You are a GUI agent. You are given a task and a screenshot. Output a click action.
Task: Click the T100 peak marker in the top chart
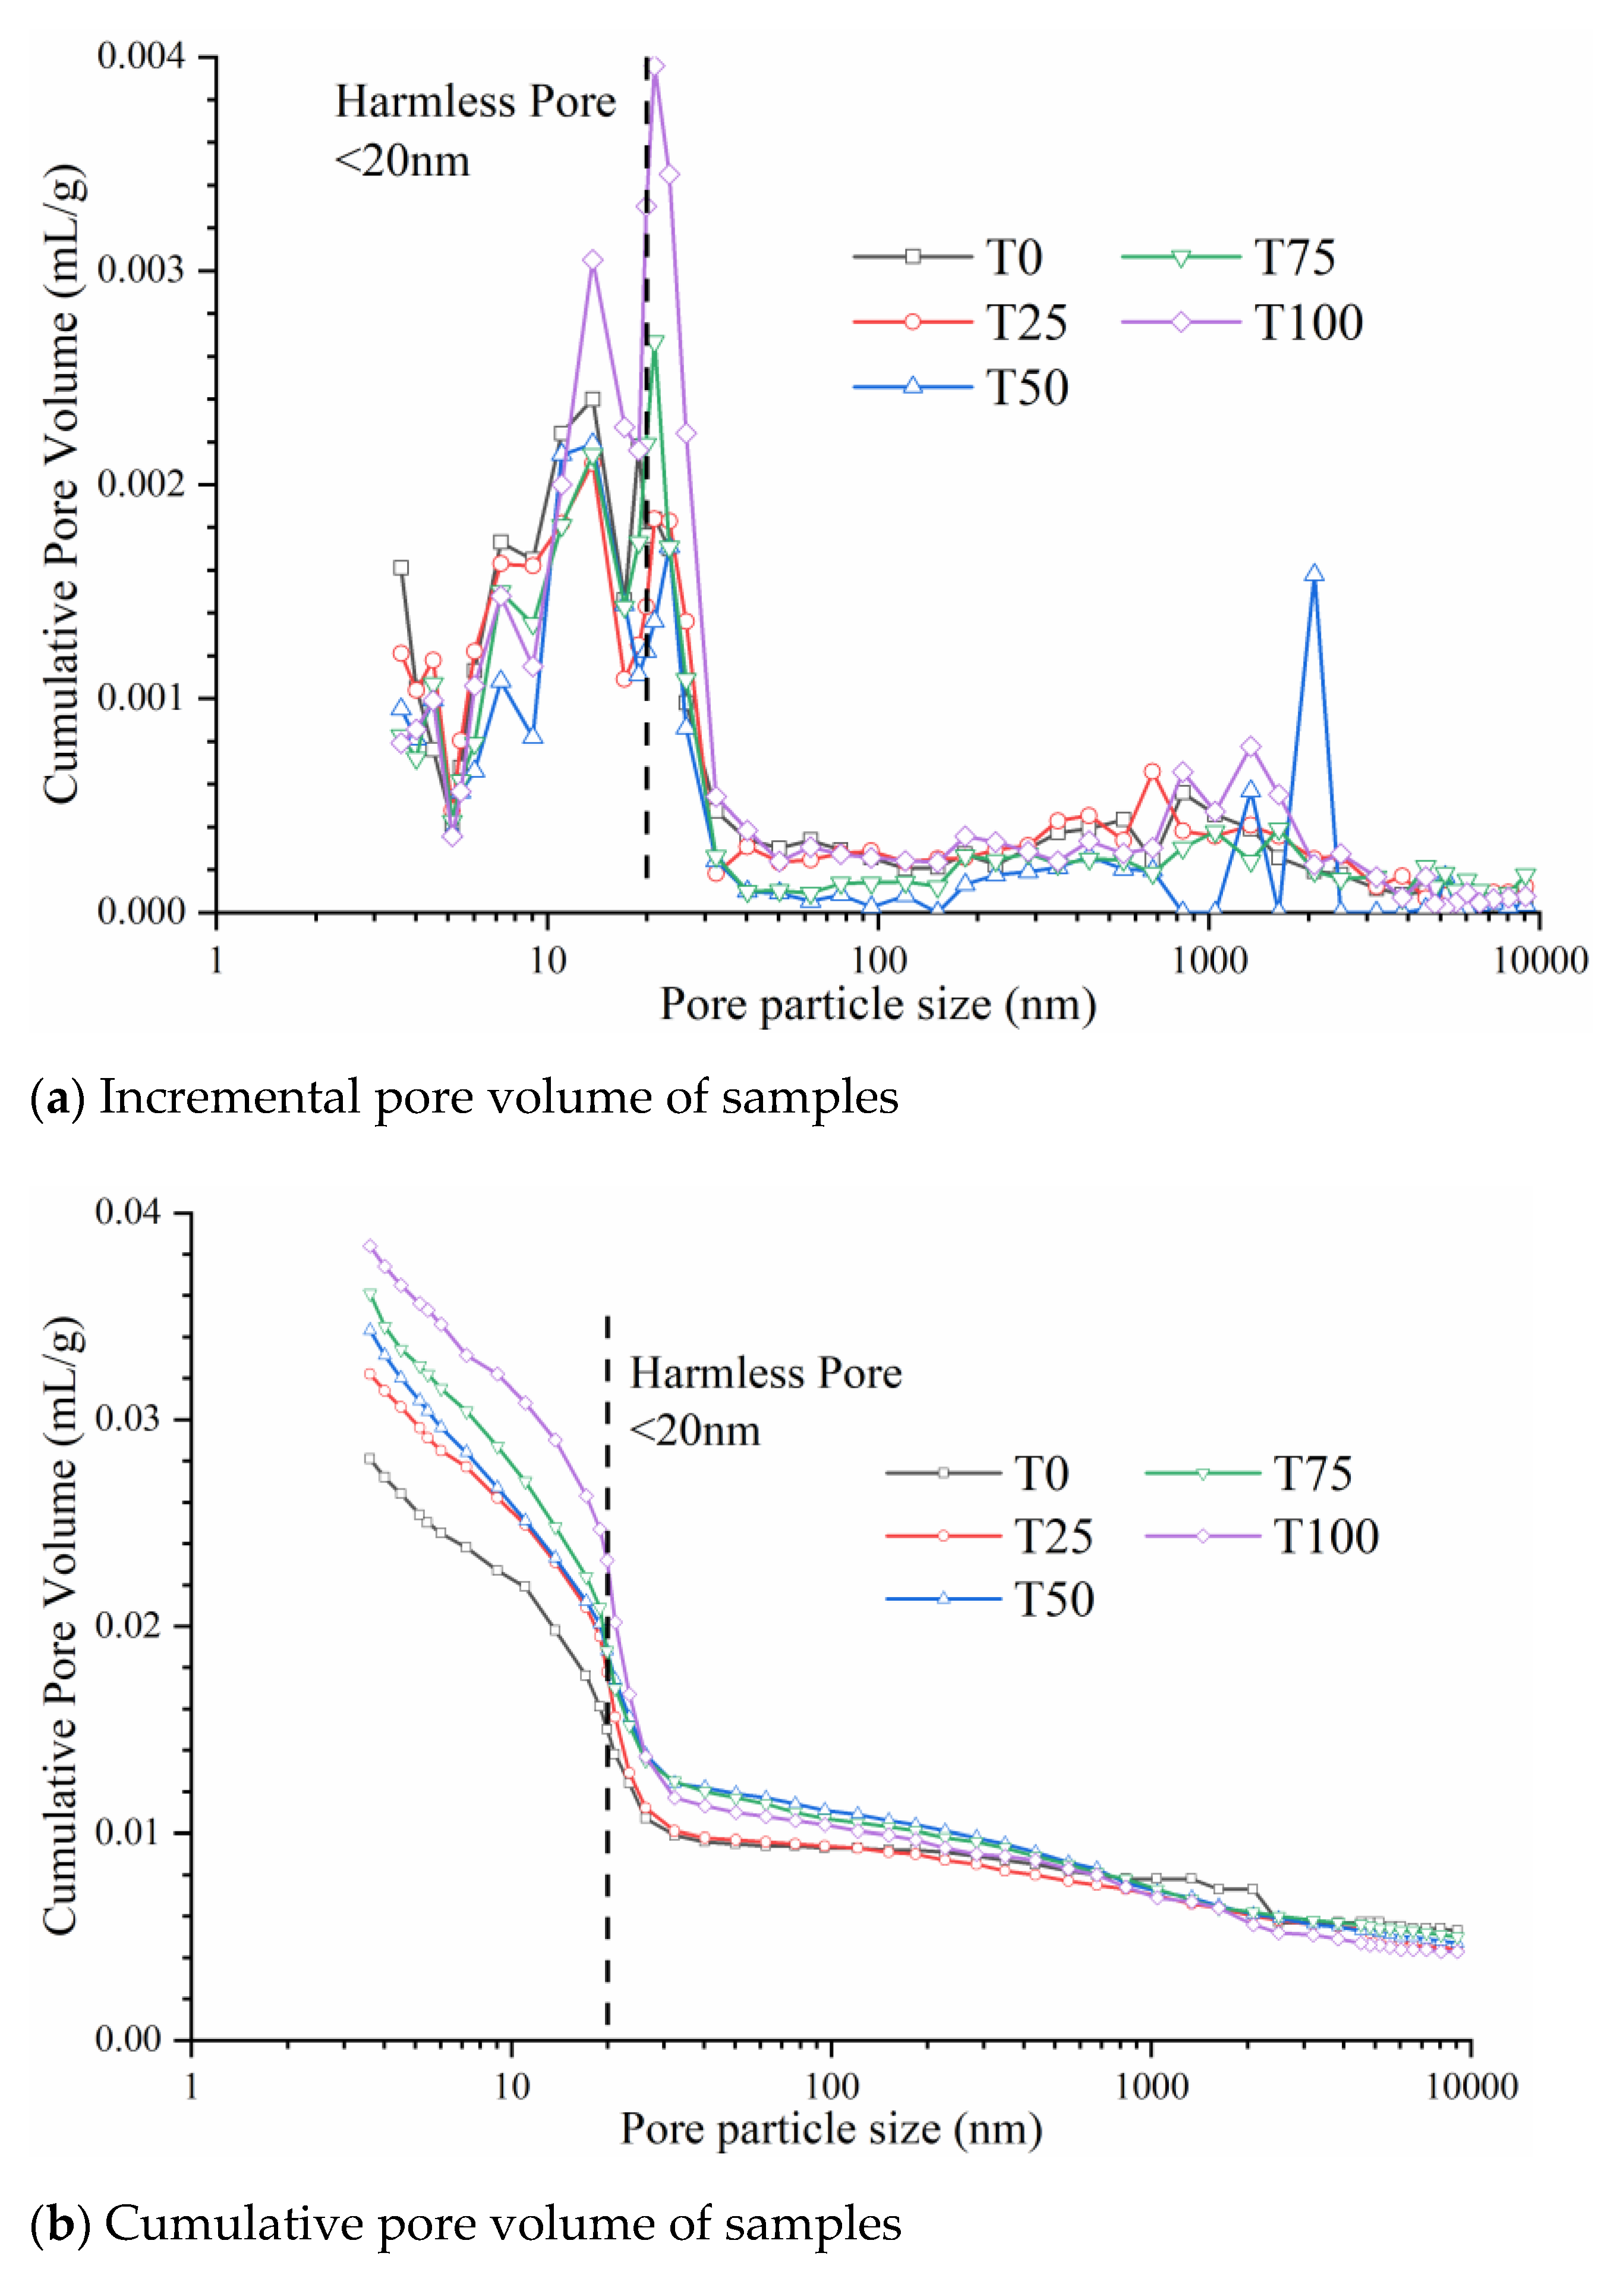(655, 67)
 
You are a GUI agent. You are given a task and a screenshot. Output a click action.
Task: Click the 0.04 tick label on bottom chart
(127, 1212)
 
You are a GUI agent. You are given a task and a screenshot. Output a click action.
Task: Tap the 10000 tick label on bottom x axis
(1471, 2086)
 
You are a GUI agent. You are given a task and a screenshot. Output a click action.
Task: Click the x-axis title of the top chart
(878, 1004)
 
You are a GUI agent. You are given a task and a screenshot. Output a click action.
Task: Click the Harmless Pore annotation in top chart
(475, 102)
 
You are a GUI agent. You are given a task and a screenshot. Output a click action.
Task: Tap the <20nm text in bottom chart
(695, 1430)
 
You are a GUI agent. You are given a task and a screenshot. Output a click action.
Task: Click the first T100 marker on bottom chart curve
(370, 1246)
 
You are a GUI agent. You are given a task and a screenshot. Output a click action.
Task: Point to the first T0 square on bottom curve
(370, 1458)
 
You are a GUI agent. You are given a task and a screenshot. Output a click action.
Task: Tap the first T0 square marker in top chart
(401, 568)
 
